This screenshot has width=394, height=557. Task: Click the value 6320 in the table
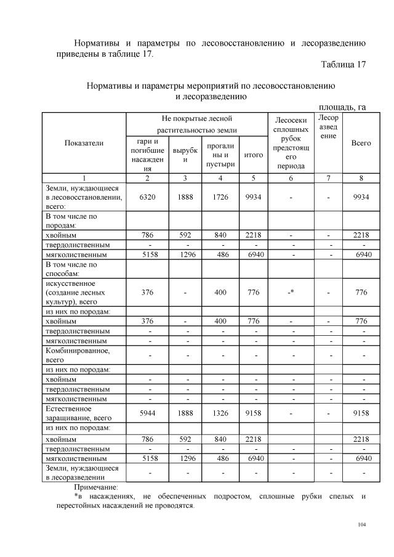click(x=147, y=197)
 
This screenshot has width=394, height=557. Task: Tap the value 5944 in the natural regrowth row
click(x=147, y=413)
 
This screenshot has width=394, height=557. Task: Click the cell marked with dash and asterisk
click(x=290, y=293)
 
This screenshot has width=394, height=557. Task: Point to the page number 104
click(x=361, y=525)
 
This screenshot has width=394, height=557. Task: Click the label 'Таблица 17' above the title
click(x=343, y=65)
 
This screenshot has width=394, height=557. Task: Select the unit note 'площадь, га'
click(x=342, y=107)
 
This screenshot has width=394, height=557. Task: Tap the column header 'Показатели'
click(x=84, y=143)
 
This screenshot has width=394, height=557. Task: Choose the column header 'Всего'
click(x=361, y=143)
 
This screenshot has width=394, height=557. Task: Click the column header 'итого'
click(x=254, y=155)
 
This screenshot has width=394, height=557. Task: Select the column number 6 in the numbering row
click(x=290, y=178)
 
